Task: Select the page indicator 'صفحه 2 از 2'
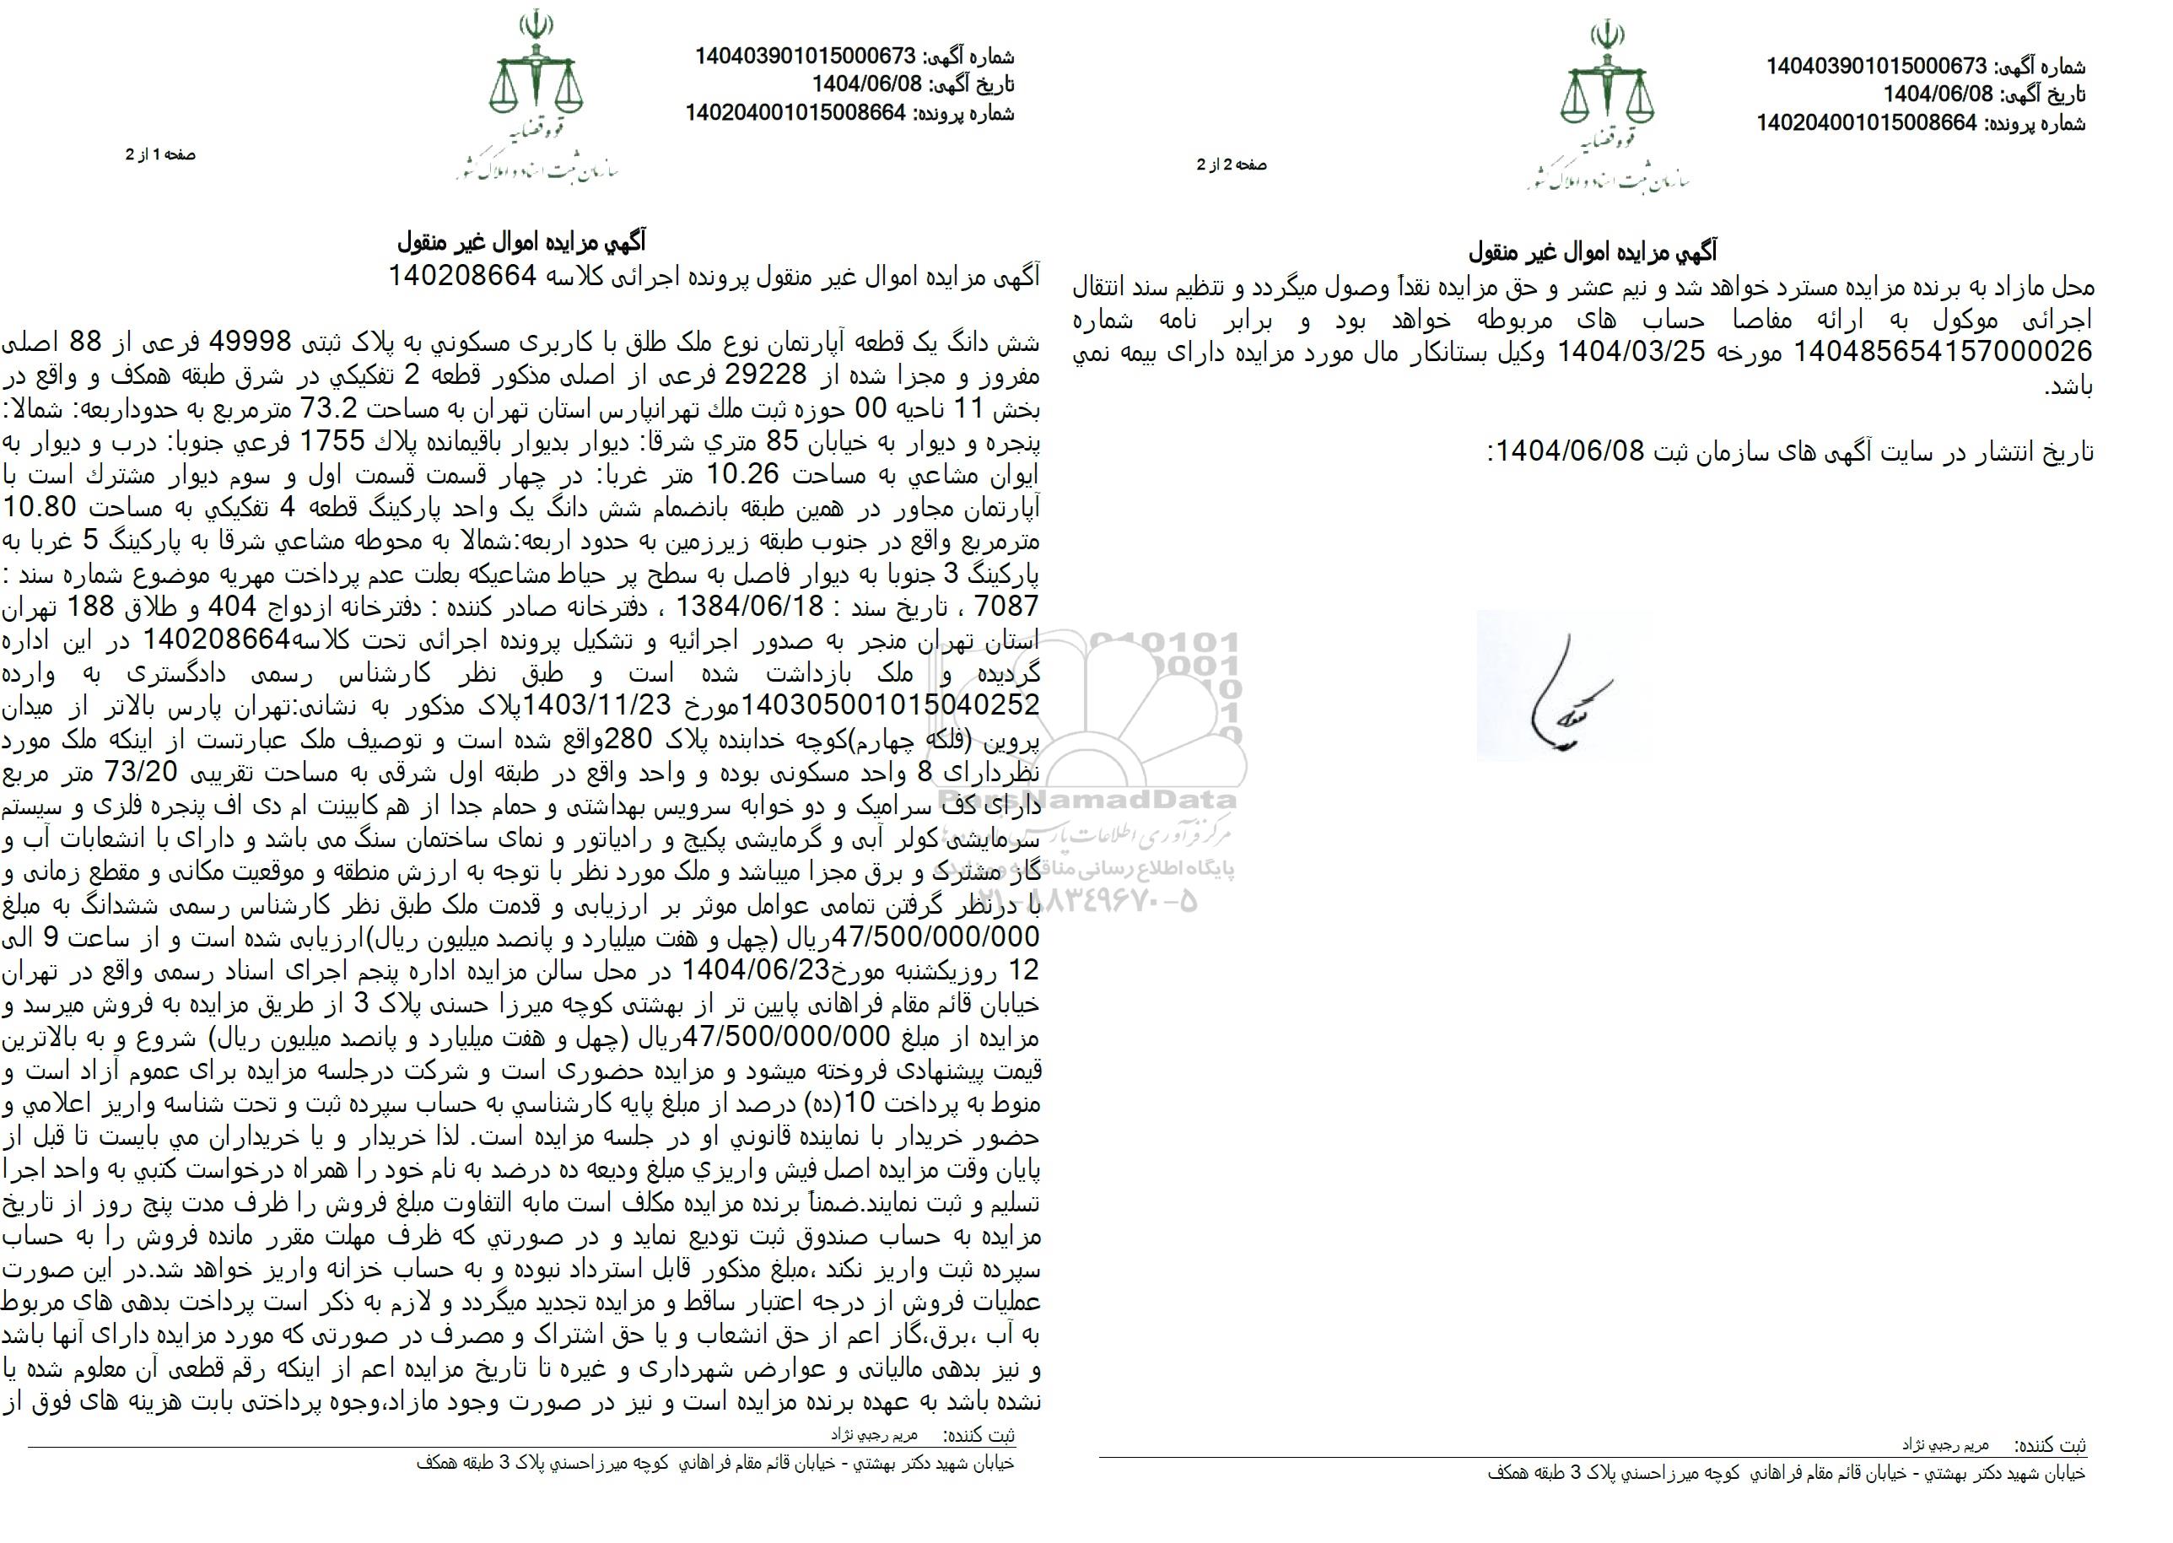(1232, 165)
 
